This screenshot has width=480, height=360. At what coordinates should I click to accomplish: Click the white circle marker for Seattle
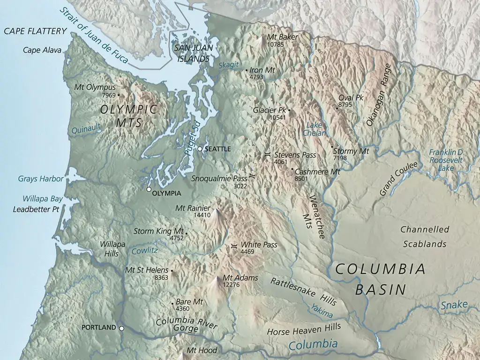[200, 149]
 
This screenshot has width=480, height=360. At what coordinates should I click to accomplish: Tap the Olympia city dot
[149, 189]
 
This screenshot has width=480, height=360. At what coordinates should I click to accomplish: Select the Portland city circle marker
[121, 328]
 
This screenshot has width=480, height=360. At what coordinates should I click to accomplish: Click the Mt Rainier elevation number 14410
[202, 215]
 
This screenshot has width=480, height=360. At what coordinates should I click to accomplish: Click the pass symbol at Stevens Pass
[267, 154]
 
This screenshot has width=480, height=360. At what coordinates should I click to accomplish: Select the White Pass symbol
[234, 245]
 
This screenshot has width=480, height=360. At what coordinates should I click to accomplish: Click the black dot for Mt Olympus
[118, 95]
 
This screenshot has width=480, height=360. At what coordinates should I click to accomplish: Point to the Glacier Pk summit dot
[289, 110]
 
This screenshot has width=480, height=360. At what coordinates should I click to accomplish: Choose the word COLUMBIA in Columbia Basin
[380, 270]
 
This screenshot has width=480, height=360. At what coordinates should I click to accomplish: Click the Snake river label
[454, 305]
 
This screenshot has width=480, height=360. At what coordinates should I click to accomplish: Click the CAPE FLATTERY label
[35, 31]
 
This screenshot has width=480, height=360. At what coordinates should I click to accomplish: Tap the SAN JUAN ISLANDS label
[191, 53]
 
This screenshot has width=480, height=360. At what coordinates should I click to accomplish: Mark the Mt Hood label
[202, 350]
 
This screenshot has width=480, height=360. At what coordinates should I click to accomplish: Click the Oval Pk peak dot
[337, 108]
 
